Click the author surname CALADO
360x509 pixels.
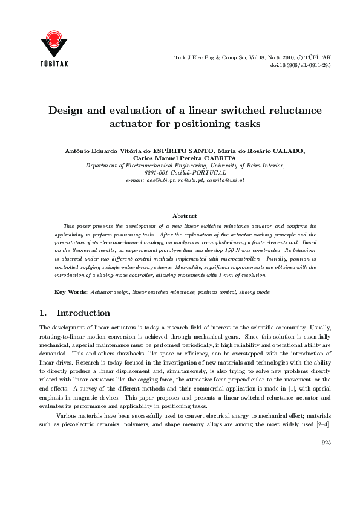284,151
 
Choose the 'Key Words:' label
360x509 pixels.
71,292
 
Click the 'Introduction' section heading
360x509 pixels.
83,313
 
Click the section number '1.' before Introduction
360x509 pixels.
42,313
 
